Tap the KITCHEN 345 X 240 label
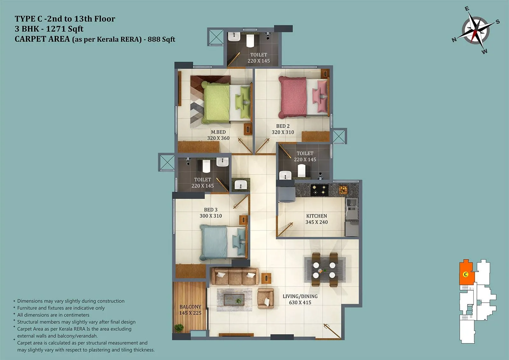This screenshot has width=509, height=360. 317,219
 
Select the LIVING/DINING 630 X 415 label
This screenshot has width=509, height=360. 300,299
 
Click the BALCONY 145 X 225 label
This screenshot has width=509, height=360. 190,310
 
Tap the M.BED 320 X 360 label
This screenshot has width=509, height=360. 218,135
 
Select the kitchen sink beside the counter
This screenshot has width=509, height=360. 351,204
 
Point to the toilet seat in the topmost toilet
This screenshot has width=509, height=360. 250,40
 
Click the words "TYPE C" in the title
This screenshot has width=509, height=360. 28,19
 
